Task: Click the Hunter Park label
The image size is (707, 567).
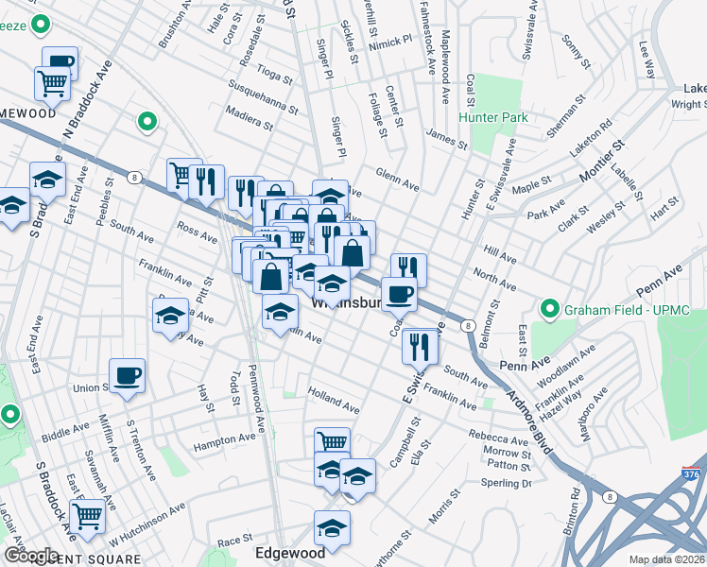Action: pyautogui.click(x=492, y=117)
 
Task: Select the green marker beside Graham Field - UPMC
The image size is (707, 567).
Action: pyautogui.click(x=548, y=309)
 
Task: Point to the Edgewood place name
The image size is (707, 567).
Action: pyautogui.click(x=291, y=552)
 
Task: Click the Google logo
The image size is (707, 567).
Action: pyautogui.click(x=31, y=556)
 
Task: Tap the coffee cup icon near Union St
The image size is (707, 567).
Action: pyautogui.click(x=127, y=376)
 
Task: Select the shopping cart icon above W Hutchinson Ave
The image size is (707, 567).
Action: pyautogui.click(x=87, y=516)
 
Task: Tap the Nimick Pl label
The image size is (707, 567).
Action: pyautogui.click(x=393, y=42)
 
